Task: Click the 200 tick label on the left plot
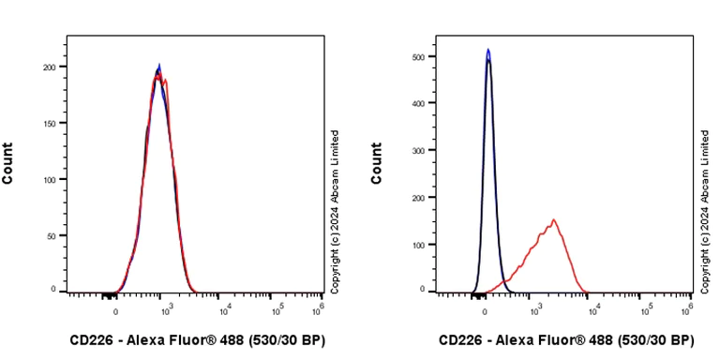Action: click(49, 67)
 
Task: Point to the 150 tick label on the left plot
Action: click(49, 123)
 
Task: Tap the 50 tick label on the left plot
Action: click(52, 235)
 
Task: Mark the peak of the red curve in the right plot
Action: click(554, 220)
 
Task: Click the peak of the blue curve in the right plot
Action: click(488, 50)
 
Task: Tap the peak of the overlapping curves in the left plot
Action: click(159, 67)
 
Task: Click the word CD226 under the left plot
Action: click(93, 340)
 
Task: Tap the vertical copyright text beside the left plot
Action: click(335, 212)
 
